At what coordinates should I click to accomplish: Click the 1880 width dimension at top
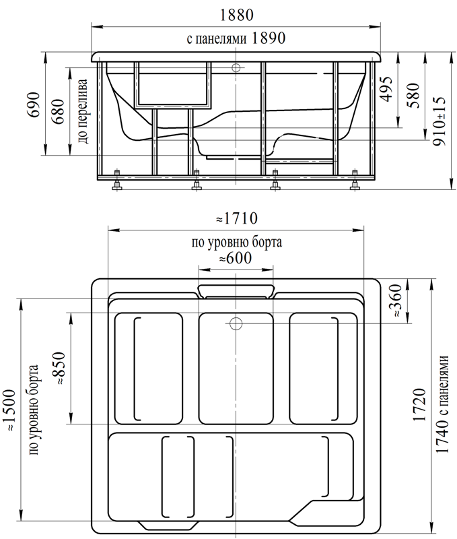pos(236,15)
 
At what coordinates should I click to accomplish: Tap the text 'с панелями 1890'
pos(236,38)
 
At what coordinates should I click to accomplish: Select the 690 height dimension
pos(34,104)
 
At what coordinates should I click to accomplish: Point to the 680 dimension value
pos(58,111)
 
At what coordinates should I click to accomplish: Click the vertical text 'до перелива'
pos(83,111)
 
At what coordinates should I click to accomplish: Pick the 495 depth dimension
pos(386,89)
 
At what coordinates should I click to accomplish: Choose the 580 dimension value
pos(415,95)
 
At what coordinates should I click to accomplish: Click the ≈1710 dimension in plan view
pos(237,218)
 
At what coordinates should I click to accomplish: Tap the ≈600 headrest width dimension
pos(236,258)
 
